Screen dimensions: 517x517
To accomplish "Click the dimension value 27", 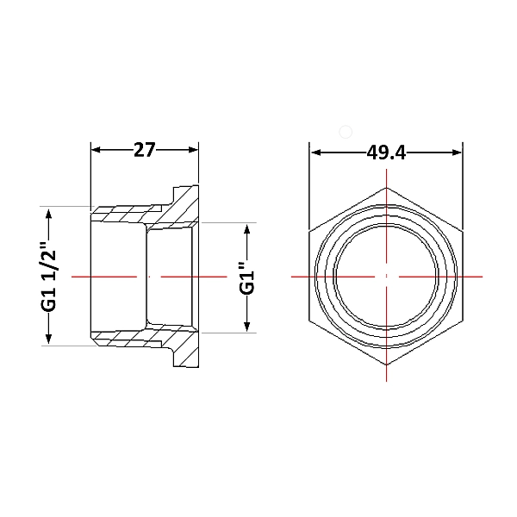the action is tap(144, 150).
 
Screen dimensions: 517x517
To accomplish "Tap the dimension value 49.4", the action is tap(386, 153).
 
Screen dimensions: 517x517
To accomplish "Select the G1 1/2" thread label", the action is tap(49, 277).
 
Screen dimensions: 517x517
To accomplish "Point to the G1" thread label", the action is tap(247, 277).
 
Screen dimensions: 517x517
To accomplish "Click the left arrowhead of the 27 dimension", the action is tap(96, 150).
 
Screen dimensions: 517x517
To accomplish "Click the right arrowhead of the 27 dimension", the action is tap(194, 150).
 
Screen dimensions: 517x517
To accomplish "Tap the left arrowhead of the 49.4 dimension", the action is tap(316, 153).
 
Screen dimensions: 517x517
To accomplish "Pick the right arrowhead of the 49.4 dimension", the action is tap(457, 153).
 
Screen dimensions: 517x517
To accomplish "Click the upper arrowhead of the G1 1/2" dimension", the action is tap(48, 214).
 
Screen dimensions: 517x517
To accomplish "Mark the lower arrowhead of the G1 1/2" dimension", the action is tap(48, 339).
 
